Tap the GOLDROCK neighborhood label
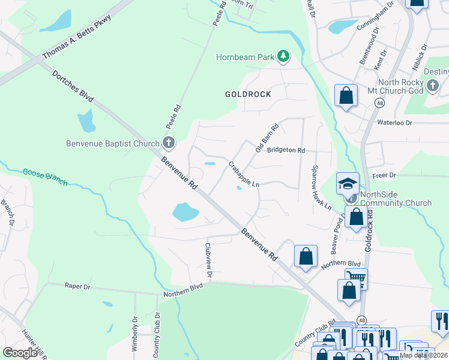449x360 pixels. point(248,94)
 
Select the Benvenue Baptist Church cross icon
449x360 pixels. point(169,143)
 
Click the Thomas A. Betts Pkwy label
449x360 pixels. point(77,37)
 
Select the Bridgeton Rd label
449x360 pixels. point(286,150)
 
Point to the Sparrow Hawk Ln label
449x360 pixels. point(321,187)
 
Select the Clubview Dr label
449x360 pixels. point(208,259)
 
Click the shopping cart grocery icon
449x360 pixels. point(356,277)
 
